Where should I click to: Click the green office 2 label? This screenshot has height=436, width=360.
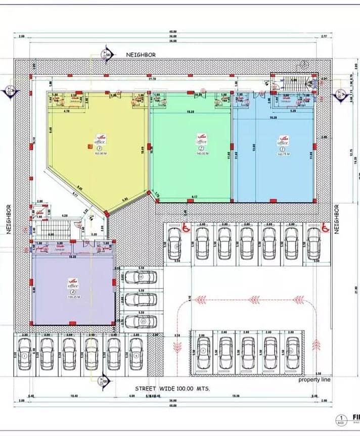202,141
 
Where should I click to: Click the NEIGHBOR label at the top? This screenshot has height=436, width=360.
141,55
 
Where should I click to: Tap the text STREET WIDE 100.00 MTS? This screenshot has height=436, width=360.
172,389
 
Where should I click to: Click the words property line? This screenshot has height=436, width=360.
314,379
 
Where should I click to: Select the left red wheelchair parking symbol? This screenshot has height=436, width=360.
185,228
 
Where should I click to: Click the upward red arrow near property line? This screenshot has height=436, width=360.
317,345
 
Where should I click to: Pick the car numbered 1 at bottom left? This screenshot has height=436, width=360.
25,354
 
